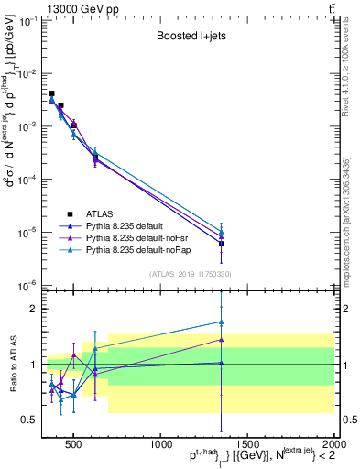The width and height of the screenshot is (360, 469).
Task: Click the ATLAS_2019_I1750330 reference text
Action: tap(191, 273)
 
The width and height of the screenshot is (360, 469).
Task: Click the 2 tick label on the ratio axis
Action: tap(37, 309)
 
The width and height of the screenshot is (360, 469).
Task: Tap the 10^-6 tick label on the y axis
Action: tap(28, 286)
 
